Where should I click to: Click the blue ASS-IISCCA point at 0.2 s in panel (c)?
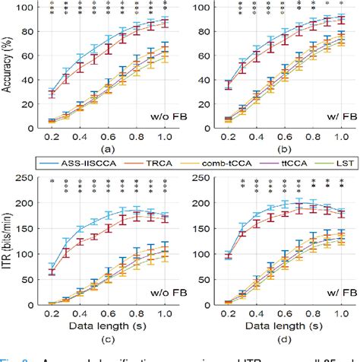pos(52,267)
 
